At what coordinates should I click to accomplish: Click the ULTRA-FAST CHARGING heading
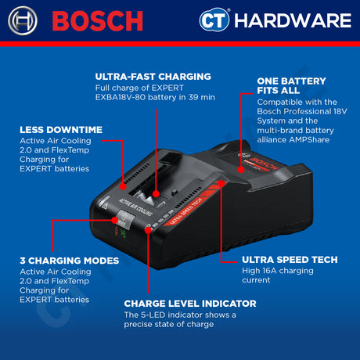point(153,77)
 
